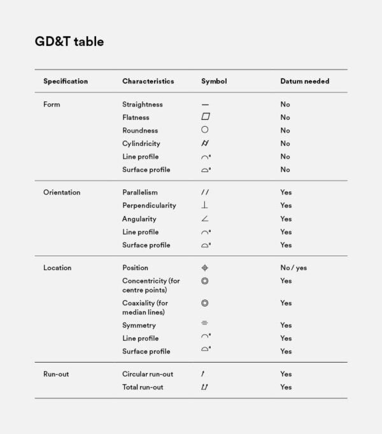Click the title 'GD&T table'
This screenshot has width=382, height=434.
pos(69,42)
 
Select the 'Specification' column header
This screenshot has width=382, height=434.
pos(66,82)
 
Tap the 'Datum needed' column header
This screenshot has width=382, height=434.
pos(304,82)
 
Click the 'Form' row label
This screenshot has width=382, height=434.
pos(52,105)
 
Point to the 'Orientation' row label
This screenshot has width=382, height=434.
pos(62,192)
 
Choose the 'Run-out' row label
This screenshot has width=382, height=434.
pos(56,374)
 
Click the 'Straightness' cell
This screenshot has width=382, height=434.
pos(143,105)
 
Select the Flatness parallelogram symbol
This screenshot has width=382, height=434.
pos(205,117)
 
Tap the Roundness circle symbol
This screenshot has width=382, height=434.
pos(204,130)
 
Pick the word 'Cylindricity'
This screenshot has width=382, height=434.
pos(141,143)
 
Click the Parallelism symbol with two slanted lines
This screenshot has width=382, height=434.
pos(205,192)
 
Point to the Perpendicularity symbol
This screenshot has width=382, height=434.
pos(204,205)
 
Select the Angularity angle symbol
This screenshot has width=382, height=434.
pos(204,219)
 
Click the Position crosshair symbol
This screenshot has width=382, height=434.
pos(204,268)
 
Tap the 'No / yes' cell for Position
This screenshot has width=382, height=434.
pos(294,268)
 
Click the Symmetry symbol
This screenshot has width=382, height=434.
pos(204,325)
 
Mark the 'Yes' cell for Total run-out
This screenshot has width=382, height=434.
pos(286,387)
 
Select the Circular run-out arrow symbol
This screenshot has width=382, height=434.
pos(204,374)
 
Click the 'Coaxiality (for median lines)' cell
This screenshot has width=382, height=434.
pos(145,308)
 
